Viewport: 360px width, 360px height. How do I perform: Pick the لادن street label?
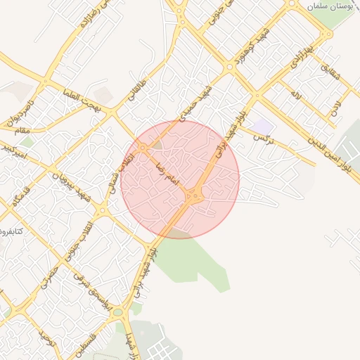(x=336, y=106)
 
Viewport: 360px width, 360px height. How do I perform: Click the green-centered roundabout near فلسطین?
(x=117, y=311)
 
